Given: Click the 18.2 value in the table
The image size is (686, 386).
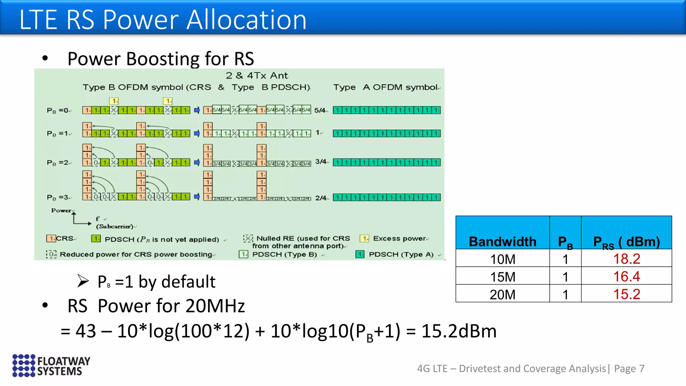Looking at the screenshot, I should [x=626, y=259].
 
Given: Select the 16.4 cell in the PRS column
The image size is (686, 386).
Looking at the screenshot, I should [x=626, y=276].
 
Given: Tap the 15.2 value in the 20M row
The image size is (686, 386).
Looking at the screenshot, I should [x=626, y=294].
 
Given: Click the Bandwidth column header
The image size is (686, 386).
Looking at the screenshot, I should [x=502, y=241].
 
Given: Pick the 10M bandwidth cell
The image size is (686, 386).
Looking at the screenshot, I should [x=502, y=259].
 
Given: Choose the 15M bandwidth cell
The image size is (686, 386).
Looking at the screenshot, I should [x=502, y=277].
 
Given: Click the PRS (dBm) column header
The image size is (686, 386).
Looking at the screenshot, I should [x=626, y=242].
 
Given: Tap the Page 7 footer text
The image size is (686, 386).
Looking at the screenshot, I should [x=629, y=369].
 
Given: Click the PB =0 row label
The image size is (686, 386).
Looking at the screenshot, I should [x=59, y=110].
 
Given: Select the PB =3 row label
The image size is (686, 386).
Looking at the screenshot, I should [x=59, y=197].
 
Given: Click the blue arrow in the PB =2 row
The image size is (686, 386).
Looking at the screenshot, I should [x=197, y=163].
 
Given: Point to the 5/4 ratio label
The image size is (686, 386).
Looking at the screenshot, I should [x=320, y=110].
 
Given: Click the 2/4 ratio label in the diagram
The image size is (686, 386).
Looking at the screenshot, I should [x=321, y=198].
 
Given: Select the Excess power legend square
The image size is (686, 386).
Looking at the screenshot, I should [x=364, y=238].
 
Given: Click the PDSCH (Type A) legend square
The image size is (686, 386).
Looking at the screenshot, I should [x=360, y=254].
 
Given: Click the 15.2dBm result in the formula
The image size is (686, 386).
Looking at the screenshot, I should [x=459, y=331].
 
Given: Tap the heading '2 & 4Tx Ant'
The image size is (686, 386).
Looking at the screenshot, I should [x=257, y=75].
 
